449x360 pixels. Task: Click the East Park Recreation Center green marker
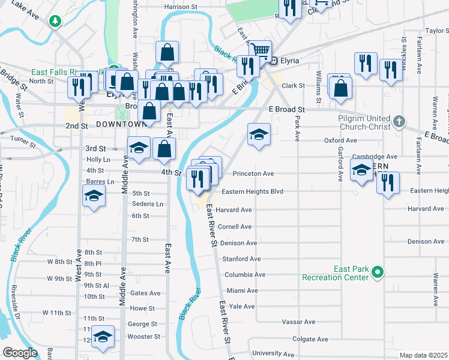tap(378, 273)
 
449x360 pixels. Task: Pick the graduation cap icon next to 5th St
tap(94, 196)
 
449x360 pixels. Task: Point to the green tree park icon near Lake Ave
tap(55, 22)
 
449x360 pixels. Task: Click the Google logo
tap(19, 353)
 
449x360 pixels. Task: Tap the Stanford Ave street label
tap(241, 259)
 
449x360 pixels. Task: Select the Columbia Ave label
tap(244, 275)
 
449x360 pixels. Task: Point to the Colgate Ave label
tap(310, 339)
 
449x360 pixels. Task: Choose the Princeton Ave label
tap(253, 173)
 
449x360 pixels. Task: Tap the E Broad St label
tap(287, 110)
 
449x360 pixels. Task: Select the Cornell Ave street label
tap(234, 227)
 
